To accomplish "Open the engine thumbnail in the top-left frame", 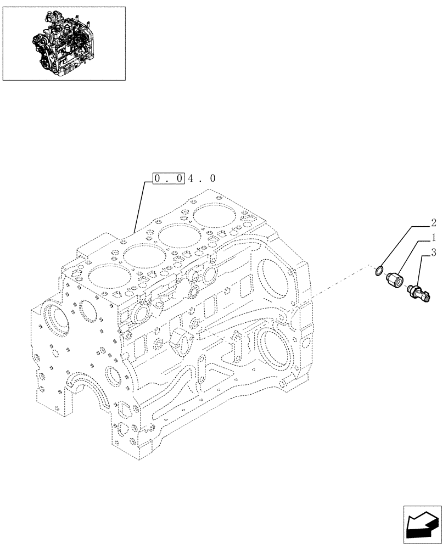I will coord(64,43).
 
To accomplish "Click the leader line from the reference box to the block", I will coord(141,206).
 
